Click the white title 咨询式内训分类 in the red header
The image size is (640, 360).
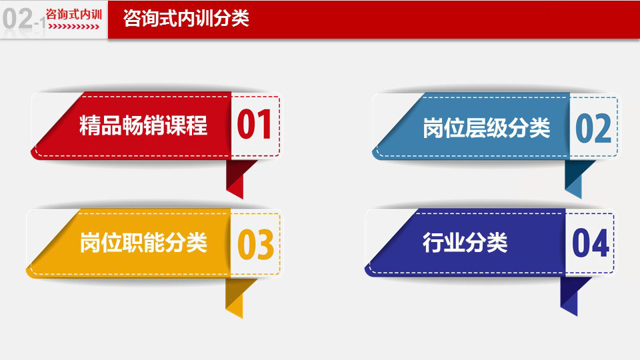[x=186, y=19]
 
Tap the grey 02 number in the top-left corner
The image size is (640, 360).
[x=17, y=19]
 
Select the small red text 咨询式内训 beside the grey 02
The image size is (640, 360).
[x=74, y=14]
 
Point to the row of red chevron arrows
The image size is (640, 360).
[x=74, y=27]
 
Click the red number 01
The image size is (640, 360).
[x=254, y=125]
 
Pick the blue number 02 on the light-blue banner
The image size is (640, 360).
[x=593, y=128]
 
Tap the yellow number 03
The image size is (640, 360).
[x=255, y=244]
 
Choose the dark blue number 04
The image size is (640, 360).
[x=591, y=243]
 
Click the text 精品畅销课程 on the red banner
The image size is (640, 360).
[x=143, y=125]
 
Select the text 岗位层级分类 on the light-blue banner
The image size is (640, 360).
[x=487, y=128]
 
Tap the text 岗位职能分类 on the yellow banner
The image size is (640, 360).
[x=143, y=243]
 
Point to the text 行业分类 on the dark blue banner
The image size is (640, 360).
[x=465, y=243]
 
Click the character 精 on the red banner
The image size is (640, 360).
[x=90, y=125]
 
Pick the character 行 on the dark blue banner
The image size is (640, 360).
[x=433, y=243]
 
